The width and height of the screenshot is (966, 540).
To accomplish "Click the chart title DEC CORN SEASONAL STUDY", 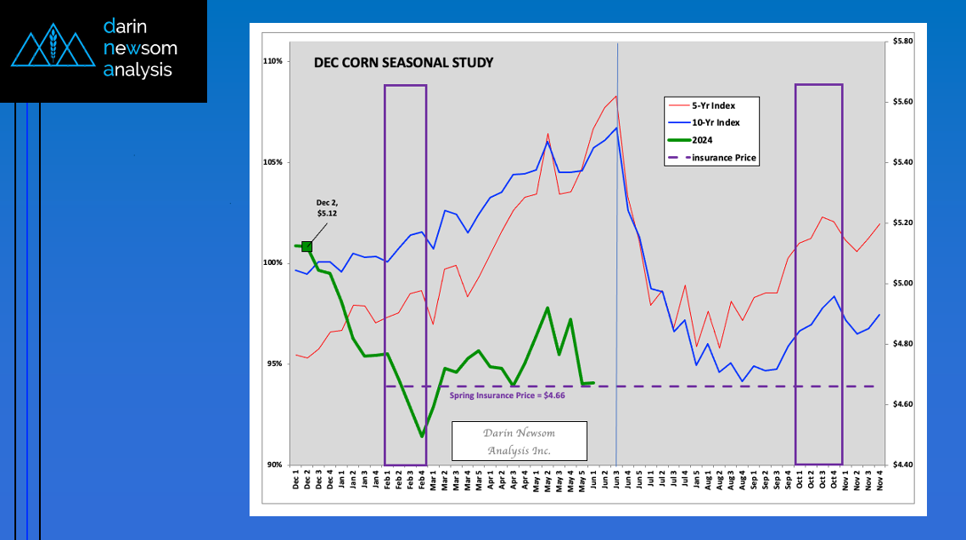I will click(x=403, y=63).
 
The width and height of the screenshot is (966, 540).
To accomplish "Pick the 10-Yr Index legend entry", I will click(x=715, y=122).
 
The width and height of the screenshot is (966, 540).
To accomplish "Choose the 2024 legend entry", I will click(x=704, y=140).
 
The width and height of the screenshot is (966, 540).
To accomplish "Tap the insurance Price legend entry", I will click(x=723, y=158).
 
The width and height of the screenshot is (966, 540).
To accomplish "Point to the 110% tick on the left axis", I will click(x=272, y=62).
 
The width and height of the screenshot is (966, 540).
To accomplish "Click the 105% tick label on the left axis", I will click(x=272, y=162).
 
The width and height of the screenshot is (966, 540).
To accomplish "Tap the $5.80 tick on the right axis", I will click(x=901, y=41).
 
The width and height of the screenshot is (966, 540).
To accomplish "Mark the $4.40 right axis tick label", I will click(x=901, y=464).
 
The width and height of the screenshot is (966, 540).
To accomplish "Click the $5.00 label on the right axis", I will click(x=901, y=283).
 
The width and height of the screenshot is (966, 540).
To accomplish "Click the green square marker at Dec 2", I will click(x=306, y=246).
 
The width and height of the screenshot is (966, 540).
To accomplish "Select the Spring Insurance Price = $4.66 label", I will click(x=507, y=396).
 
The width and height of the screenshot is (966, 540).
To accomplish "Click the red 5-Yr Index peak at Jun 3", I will click(x=615, y=96).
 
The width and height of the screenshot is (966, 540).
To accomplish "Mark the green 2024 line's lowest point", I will click(x=422, y=436).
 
